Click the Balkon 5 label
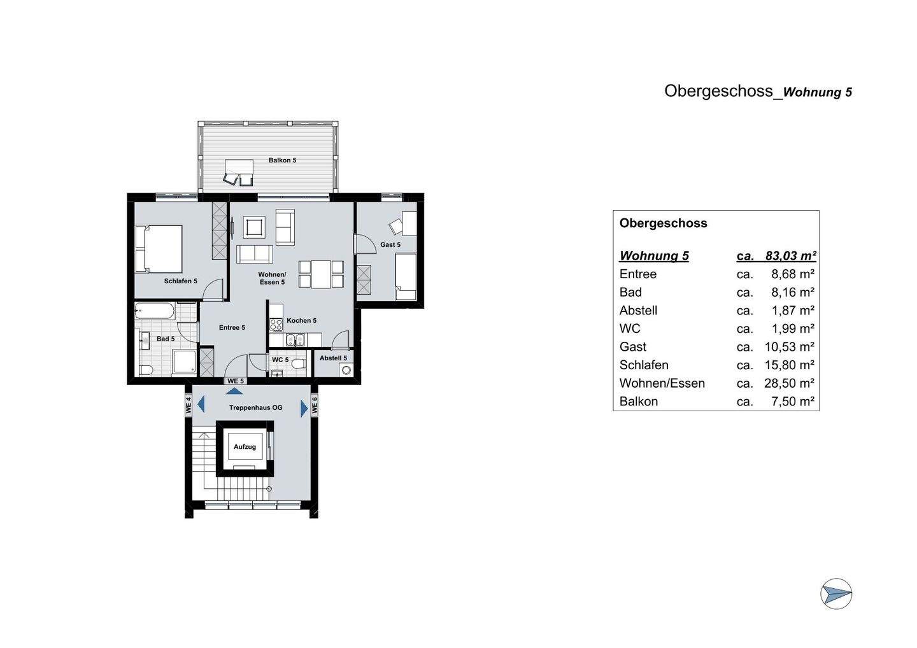coord(282,160)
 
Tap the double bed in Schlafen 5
coord(159,248)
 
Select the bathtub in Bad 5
coord(155,312)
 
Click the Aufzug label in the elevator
coord(245,447)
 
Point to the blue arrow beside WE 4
coord(201,404)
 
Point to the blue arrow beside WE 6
coord(304,408)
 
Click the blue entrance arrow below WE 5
coord(234,391)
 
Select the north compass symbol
coord(835,595)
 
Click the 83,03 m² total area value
coord(790,256)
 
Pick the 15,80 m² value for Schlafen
coord(789,365)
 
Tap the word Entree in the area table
coord(637,274)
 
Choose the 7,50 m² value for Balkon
coord(792,402)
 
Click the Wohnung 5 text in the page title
coord(817,92)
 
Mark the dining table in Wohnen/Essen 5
coord(321,274)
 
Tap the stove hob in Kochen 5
coord(276,325)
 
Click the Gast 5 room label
coord(390,245)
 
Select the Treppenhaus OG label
coord(255,407)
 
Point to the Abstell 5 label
coord(333,358)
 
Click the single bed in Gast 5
coord(406,276)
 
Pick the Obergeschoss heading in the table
coord(663,223)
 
